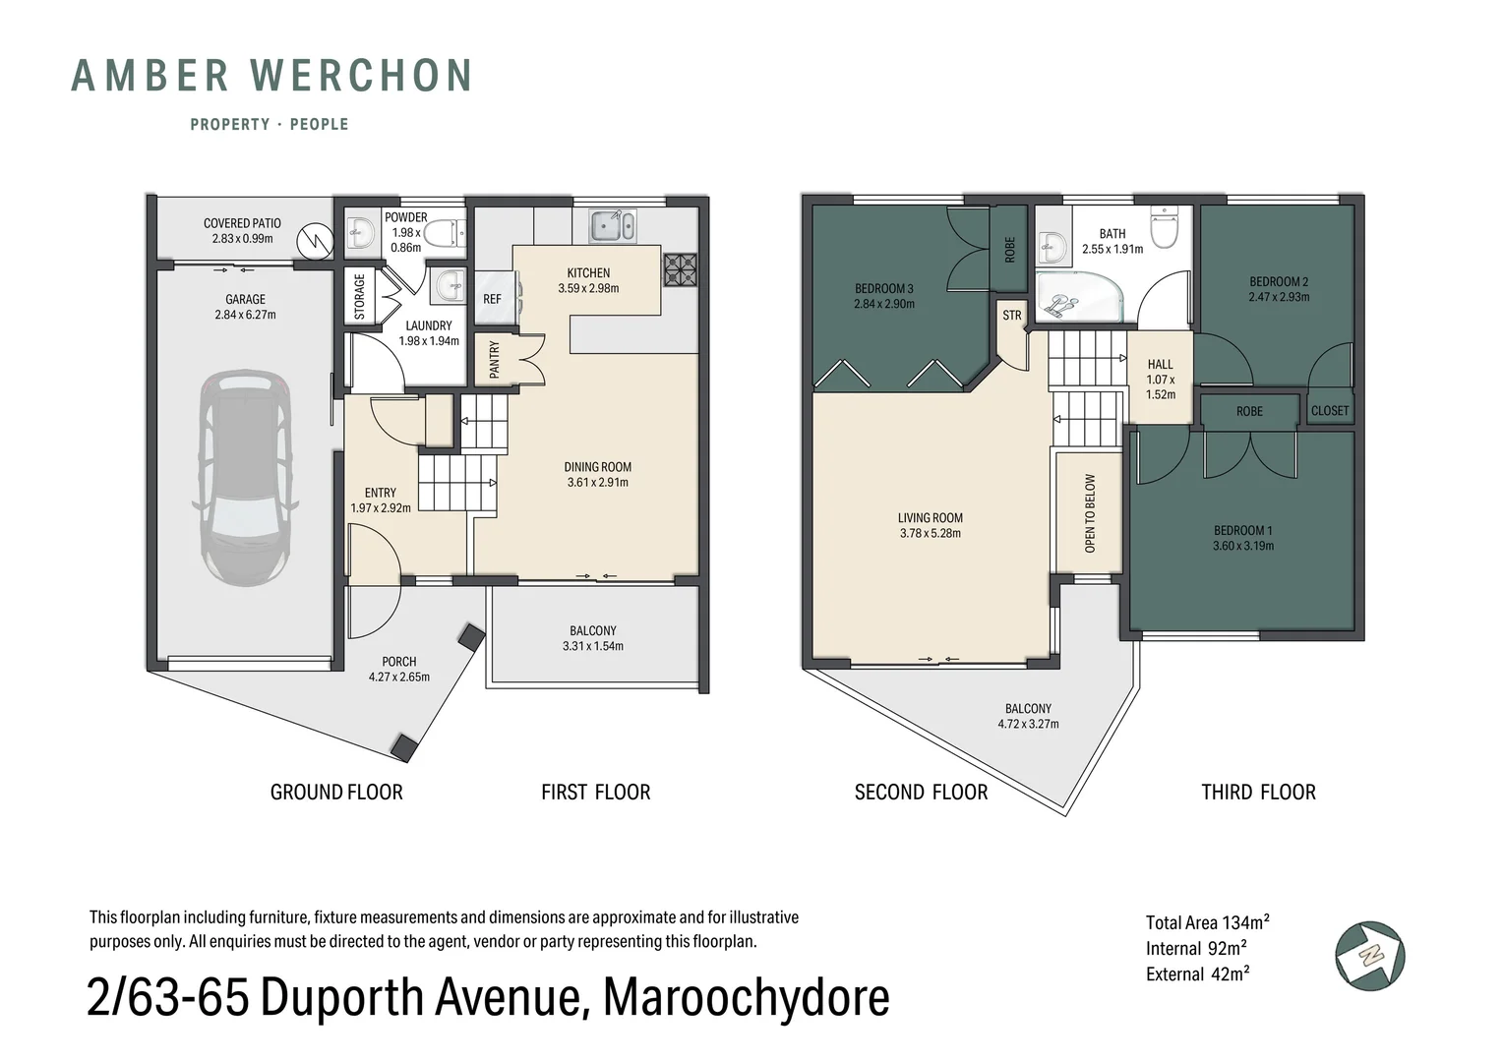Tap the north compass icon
[x=1369, y=956]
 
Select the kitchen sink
[x=612, y=225]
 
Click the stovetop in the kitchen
[x=681, y=269]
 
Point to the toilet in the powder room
[x=449, y=233]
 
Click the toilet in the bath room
[x=1165, y=227]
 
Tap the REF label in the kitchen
[x=492, y=299]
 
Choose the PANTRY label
[x=495, y=360]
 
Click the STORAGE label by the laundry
[x=360, y=297]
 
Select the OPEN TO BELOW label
[x=1090, y=513]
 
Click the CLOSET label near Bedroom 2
[x=1329, y=411]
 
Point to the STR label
[x=1012, y=316]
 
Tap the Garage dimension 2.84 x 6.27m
[x=245, y=315]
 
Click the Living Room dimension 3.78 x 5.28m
[x=930, y=533]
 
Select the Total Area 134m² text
[x=1207, y=922]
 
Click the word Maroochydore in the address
[x=747, y=998]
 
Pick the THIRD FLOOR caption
[x=1258, y=793]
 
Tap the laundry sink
[x=447, y=286]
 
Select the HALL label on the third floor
[x=1160, y=364]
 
